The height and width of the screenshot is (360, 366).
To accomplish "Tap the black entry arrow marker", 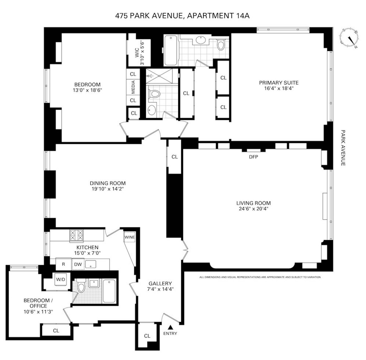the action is pyautogui.click(x=170, y=327).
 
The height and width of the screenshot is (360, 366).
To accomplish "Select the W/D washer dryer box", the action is pyautogui.click(x=61, y=279).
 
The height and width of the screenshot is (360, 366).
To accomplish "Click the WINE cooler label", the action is pyautogui.click(x=130, y=237).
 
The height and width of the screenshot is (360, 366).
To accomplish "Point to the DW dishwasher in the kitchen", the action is pyautogui.click(x=78, y=264).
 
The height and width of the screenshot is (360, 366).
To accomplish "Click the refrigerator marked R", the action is pyautogui.click(x=63, y=264).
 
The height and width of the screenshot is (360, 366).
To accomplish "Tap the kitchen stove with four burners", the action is pyautogui.click(x=76, y=236).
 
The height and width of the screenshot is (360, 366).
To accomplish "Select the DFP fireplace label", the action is pyautogui.click(x=253, y=157).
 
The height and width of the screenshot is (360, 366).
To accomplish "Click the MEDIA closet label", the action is pyautogui.click(x=133, y=87).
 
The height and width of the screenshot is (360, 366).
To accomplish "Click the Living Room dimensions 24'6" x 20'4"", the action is pyautogui.click(x=253, y=209).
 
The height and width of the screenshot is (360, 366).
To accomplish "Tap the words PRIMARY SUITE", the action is pyautogui.click(x=279, y=83).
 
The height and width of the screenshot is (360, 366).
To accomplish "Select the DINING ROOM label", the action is pyautogui.click(x=108, y=183).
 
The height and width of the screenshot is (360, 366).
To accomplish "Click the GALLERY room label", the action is pyautogui.click(x=160, y=283).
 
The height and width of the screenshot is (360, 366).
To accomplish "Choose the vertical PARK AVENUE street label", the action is pyautogui.click(x=343, y=148).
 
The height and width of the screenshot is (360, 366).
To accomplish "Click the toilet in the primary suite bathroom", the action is pyautogui.click(x=221, y=45).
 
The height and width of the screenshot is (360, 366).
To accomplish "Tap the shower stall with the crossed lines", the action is pyautogui.click(x=159, y=76).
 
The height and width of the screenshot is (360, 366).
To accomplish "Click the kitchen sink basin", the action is pyautogui.click(x=91, y=264).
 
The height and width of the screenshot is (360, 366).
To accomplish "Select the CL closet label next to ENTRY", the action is pyautogui.click(x=147, y=336).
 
